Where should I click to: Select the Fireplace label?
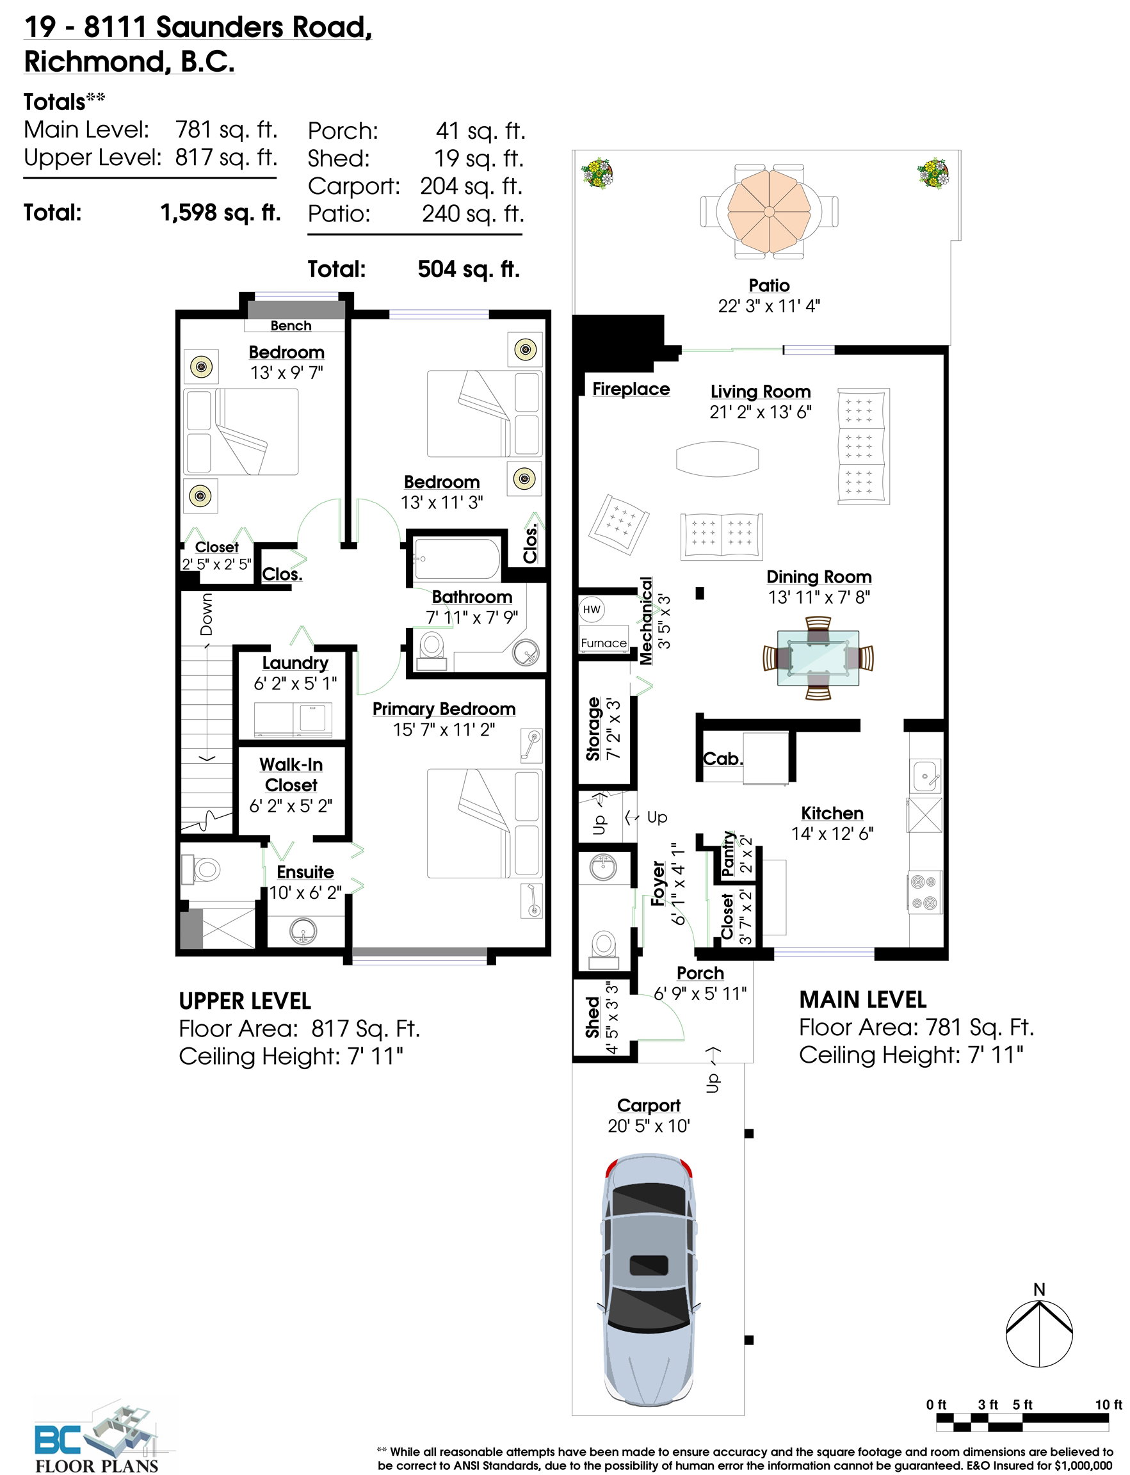tap(631, 389)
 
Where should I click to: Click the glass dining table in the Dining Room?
tap(818, 658)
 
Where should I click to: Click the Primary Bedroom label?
tap(444, 709)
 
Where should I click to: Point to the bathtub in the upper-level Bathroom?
tap(456, 558)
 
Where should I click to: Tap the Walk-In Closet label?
tap(291, 775)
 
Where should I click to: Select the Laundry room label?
tap(295, 663)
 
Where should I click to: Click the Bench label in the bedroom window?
tap(291, 325)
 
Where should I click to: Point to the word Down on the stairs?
tap(206, 613)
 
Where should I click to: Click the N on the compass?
tap(1039, 1289)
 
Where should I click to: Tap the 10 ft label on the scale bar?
tap(1108, 1405)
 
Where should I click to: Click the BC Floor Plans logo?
tap(97, 1439)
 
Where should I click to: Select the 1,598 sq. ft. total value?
tap(221, 213)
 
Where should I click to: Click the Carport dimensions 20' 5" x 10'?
tap(649, 1126)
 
